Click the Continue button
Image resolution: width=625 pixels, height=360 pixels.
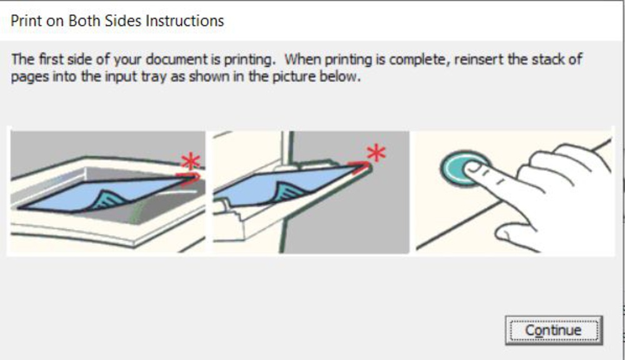pyautogui.click(x=554, y=330)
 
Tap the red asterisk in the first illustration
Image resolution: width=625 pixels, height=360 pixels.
pyautogui.click(x=190, y=161)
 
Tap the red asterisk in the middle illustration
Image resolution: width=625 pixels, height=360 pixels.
pyautogui.click(x=376, y=153)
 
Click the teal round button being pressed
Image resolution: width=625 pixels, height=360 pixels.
pyautogui.click(x=462, y=168)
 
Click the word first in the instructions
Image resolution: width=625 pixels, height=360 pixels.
pyautogui.click(x=51, y=59)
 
